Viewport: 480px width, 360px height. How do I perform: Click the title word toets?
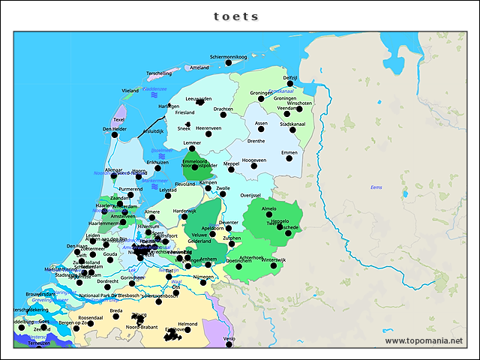coord(235,16)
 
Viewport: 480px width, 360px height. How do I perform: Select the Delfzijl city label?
coord(291,77)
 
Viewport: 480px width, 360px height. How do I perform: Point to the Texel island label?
coord(118,119)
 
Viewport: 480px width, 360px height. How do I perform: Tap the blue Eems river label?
coord(376,187)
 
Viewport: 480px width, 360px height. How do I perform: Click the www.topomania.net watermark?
coord(424,340)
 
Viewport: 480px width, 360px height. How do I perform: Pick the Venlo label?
coord(229,339)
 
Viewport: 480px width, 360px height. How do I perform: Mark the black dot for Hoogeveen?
coord(254,166)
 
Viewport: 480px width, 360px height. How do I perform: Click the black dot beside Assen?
coord(262,129)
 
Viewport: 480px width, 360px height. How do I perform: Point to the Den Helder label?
coord(115,129)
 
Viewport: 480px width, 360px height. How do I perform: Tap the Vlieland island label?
coord(130,90)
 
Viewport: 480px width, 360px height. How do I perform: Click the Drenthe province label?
coord(256,140)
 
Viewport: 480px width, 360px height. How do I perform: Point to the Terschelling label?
coord(159,73)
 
